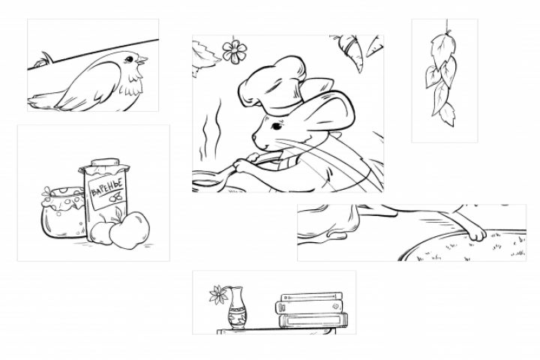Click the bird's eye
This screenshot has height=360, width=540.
(x=129, y=59)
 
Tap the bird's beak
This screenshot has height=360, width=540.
(x=142, y=61)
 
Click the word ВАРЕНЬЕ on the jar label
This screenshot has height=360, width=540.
(x=106, y=187)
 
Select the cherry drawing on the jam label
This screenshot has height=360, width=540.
(x=116, y=197)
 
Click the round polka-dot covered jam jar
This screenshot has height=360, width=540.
(x=63, y=211)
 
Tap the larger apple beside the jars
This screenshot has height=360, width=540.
(x=130, y=229)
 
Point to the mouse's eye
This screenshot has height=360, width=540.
(x=277, y=127)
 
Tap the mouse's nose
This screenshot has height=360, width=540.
(x=254, y=137)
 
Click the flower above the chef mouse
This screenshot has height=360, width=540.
(x=235, y=52)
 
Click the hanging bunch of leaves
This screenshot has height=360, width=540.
(x=442, y=77)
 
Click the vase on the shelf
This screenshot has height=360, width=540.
(x=237, y=307)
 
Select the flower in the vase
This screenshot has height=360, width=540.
(x=218, y=295)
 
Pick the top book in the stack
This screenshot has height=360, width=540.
(x=312, y=296)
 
